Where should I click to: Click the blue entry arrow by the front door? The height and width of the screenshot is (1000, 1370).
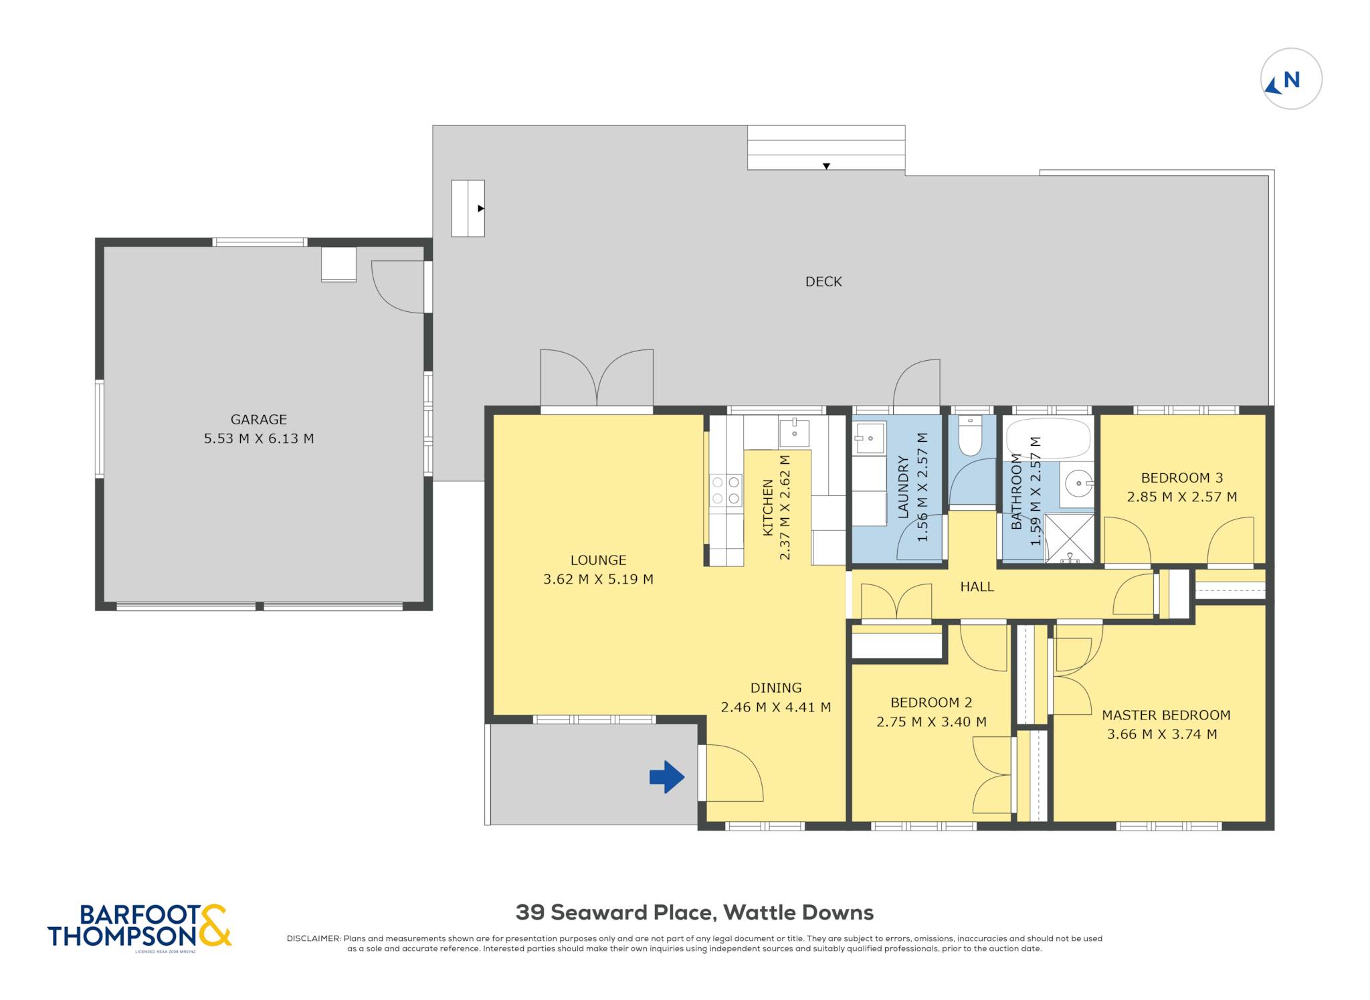click(x=667, y=777)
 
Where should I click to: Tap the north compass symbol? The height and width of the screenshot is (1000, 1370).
click(x=1291, y=79)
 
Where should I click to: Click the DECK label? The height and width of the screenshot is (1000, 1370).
click(x=823, y=282)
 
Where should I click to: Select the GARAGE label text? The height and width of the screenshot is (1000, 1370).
click(x=259, y=420)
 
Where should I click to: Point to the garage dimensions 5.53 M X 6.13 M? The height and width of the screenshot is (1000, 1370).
click(x=259, y=438)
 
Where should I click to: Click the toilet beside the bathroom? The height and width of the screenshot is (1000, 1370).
click(x=970, y=436)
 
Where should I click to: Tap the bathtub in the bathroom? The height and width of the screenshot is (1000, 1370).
click(x=1049, y=439)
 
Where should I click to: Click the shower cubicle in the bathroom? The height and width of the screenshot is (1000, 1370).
click(x=1069, y=537)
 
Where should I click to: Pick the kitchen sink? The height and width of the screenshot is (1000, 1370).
click(x=794, y=433)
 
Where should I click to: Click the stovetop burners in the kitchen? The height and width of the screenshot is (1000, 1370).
click(x=726, y=490)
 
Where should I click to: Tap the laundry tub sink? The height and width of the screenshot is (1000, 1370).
click(x=870, y=438)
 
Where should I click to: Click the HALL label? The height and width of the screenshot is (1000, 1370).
click(x=977, y=587)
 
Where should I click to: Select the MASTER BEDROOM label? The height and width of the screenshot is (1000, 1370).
click(x=1166, y=715)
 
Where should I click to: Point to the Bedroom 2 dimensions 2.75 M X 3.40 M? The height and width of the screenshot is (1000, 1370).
click(x=931, y=722)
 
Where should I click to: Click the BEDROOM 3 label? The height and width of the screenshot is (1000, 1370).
click(x=1182, y=478)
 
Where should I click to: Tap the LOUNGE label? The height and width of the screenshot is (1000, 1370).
click(x=598, y=560)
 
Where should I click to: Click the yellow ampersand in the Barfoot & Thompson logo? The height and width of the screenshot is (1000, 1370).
click(x=215, y=925)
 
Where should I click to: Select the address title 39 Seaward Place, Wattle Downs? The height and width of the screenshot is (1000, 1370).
click(x=694, y=912)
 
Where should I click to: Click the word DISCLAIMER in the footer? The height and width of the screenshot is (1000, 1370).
click(x=313, y=938)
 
